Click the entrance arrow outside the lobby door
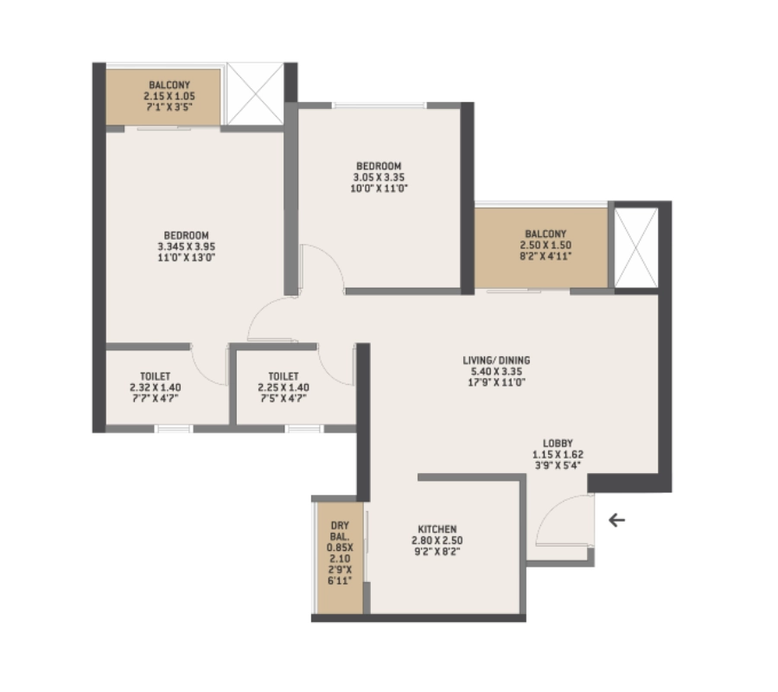616,520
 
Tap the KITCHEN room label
437,529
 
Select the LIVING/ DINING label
496,361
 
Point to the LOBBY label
558,443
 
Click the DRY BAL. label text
340,530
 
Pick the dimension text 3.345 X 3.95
187,247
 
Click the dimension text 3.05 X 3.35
379,177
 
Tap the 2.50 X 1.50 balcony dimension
545,245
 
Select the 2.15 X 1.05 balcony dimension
169,96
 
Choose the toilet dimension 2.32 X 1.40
156,388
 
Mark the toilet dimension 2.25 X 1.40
284,388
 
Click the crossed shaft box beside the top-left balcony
255,93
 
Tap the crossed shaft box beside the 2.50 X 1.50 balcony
636,247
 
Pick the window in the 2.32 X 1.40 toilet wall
173,429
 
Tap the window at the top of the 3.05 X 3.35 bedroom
379,106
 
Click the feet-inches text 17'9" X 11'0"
496,382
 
